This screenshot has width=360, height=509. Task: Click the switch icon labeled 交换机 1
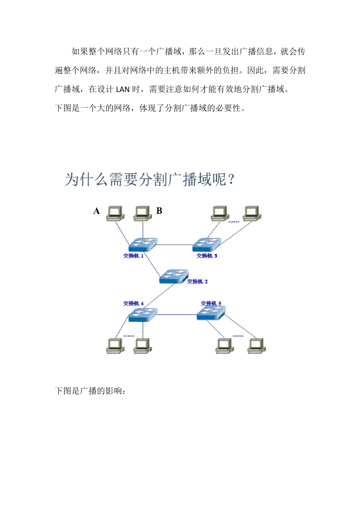tap(142, 244)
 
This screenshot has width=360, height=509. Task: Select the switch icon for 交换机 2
tap(174, 276)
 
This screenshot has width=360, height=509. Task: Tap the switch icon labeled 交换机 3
tap(207, 244)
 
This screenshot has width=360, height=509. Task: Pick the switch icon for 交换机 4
tap(142, 315)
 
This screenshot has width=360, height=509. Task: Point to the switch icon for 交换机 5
tap(211, 313)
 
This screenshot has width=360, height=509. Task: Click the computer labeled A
tap(115, 213)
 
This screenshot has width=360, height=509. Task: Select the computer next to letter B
tap(143, 213)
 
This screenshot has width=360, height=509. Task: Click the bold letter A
tap(97, 211)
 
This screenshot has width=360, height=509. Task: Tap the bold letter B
tap(159, 211)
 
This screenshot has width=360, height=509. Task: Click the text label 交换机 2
tap(197, 282)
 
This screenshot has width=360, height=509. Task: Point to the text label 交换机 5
tap(211, 303)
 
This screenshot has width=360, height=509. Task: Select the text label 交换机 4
tap(133, 303)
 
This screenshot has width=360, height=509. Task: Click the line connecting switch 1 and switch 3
tap(175, 245)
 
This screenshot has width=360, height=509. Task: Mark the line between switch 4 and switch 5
tap(177, 315)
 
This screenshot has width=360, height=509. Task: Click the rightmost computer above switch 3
tap(252, 213)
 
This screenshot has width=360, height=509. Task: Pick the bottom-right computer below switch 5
tap(257, 346)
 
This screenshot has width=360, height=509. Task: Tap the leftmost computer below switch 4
tap(115, 346)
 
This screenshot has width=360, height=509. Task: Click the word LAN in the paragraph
tap(122, 90)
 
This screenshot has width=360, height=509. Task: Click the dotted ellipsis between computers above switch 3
tap(233, 222)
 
